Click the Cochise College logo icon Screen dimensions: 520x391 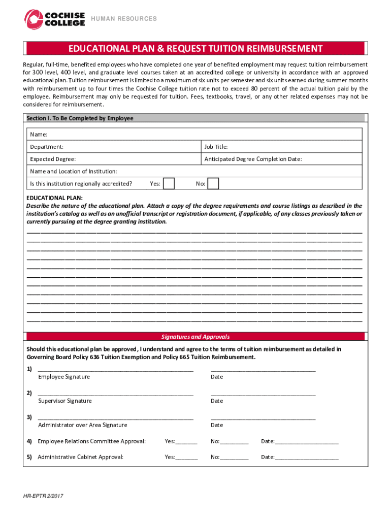[x=34, y=19]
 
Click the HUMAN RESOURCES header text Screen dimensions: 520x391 [x=123, y=19]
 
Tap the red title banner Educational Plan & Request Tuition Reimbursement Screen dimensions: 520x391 [x=195, y=49]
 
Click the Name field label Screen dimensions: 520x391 [x=39, y=135]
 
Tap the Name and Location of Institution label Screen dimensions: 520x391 [x=74, y=171]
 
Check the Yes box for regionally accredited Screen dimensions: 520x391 [x=169, y=183]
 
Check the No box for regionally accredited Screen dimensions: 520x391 [x=213, y=183]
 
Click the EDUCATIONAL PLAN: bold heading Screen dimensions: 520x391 [x=54, y=198]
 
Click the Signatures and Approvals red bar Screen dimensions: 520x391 [x=195, y=337]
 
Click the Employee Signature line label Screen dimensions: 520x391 [x=64, y=377]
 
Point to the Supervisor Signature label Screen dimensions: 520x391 [x=65, y=401]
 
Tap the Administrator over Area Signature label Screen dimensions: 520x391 [x=82, y=425]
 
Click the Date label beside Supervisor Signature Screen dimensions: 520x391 [x=217, y=401]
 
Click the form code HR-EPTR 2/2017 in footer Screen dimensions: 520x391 [x=43, y=496]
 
